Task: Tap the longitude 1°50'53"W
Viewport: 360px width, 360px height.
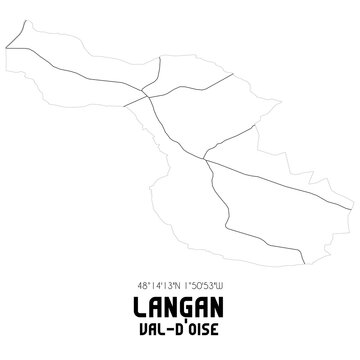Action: [x=203, y=283]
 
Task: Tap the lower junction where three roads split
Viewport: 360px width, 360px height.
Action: [x=205, y=157]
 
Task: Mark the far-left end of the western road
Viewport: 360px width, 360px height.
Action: [x=7, y=46]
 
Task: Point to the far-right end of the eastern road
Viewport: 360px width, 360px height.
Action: [x=351, y=207]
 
